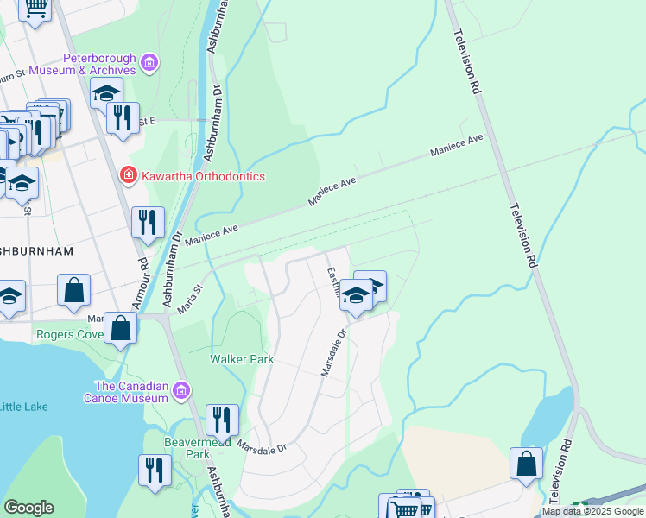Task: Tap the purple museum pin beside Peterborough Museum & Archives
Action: point(149,62)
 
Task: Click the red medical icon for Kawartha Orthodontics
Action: point(129,176)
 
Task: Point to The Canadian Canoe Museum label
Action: point(130,392)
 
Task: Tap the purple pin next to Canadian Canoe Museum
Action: point(181,391)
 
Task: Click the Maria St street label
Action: point(190,298)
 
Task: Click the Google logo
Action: point(28,508)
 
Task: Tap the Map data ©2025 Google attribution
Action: point(592,511)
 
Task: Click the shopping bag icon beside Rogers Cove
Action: point(122,329)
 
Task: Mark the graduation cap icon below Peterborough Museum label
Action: point(107,92)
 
